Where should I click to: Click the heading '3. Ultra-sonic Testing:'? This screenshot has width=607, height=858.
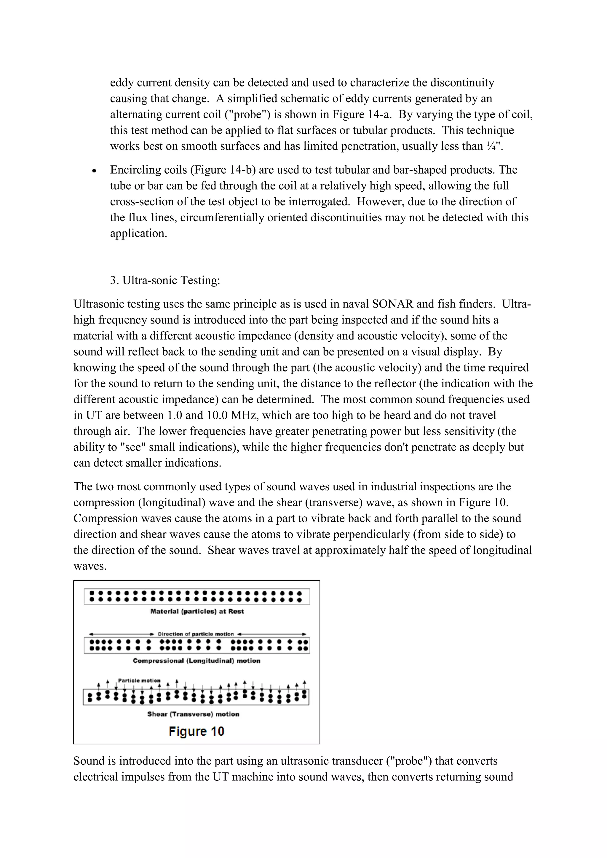point(165,280)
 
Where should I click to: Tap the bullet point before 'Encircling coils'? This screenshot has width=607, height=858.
point(94,171)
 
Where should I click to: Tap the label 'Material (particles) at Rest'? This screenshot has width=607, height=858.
point(197,612)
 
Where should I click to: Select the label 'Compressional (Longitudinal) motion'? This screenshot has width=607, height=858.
point(196,661)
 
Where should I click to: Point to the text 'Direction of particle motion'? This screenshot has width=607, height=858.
point(196,634)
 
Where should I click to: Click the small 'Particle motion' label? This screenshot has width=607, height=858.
point(139,681)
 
